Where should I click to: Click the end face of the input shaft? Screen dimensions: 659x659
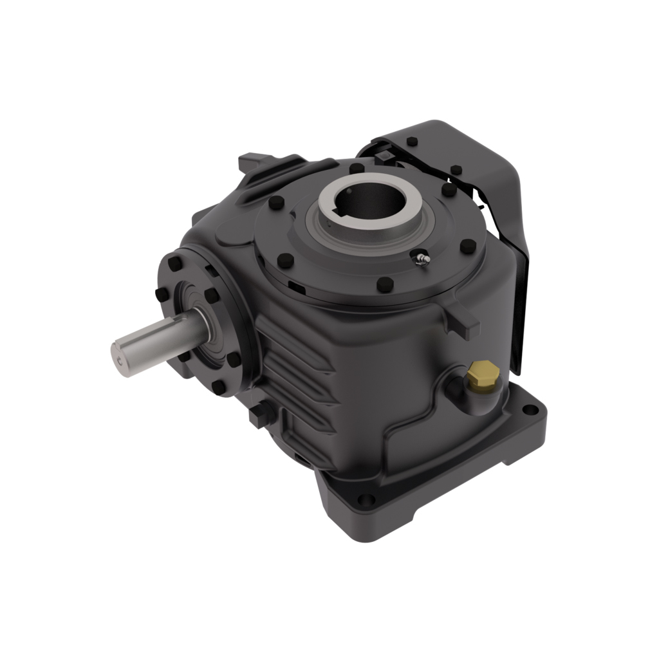tap(121, 355)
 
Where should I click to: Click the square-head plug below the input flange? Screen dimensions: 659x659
tap(258, 415)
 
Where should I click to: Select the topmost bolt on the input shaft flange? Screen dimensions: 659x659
tap(174, 264)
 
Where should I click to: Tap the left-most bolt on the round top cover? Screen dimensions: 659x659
tap(275, 203)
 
